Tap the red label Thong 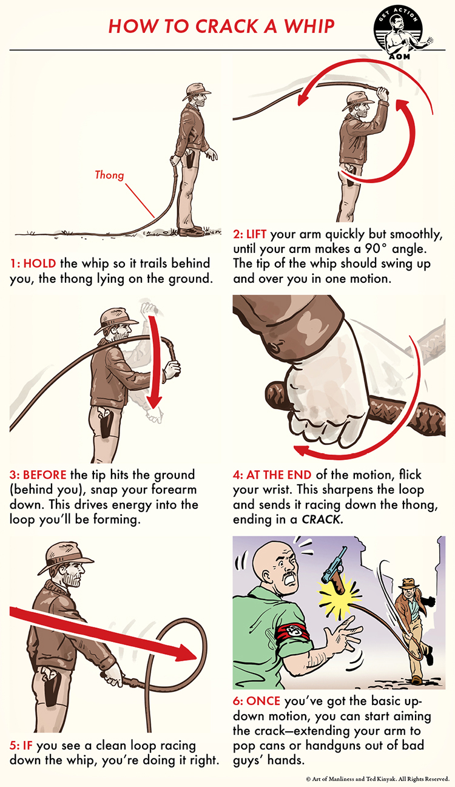(x=109, y=175)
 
